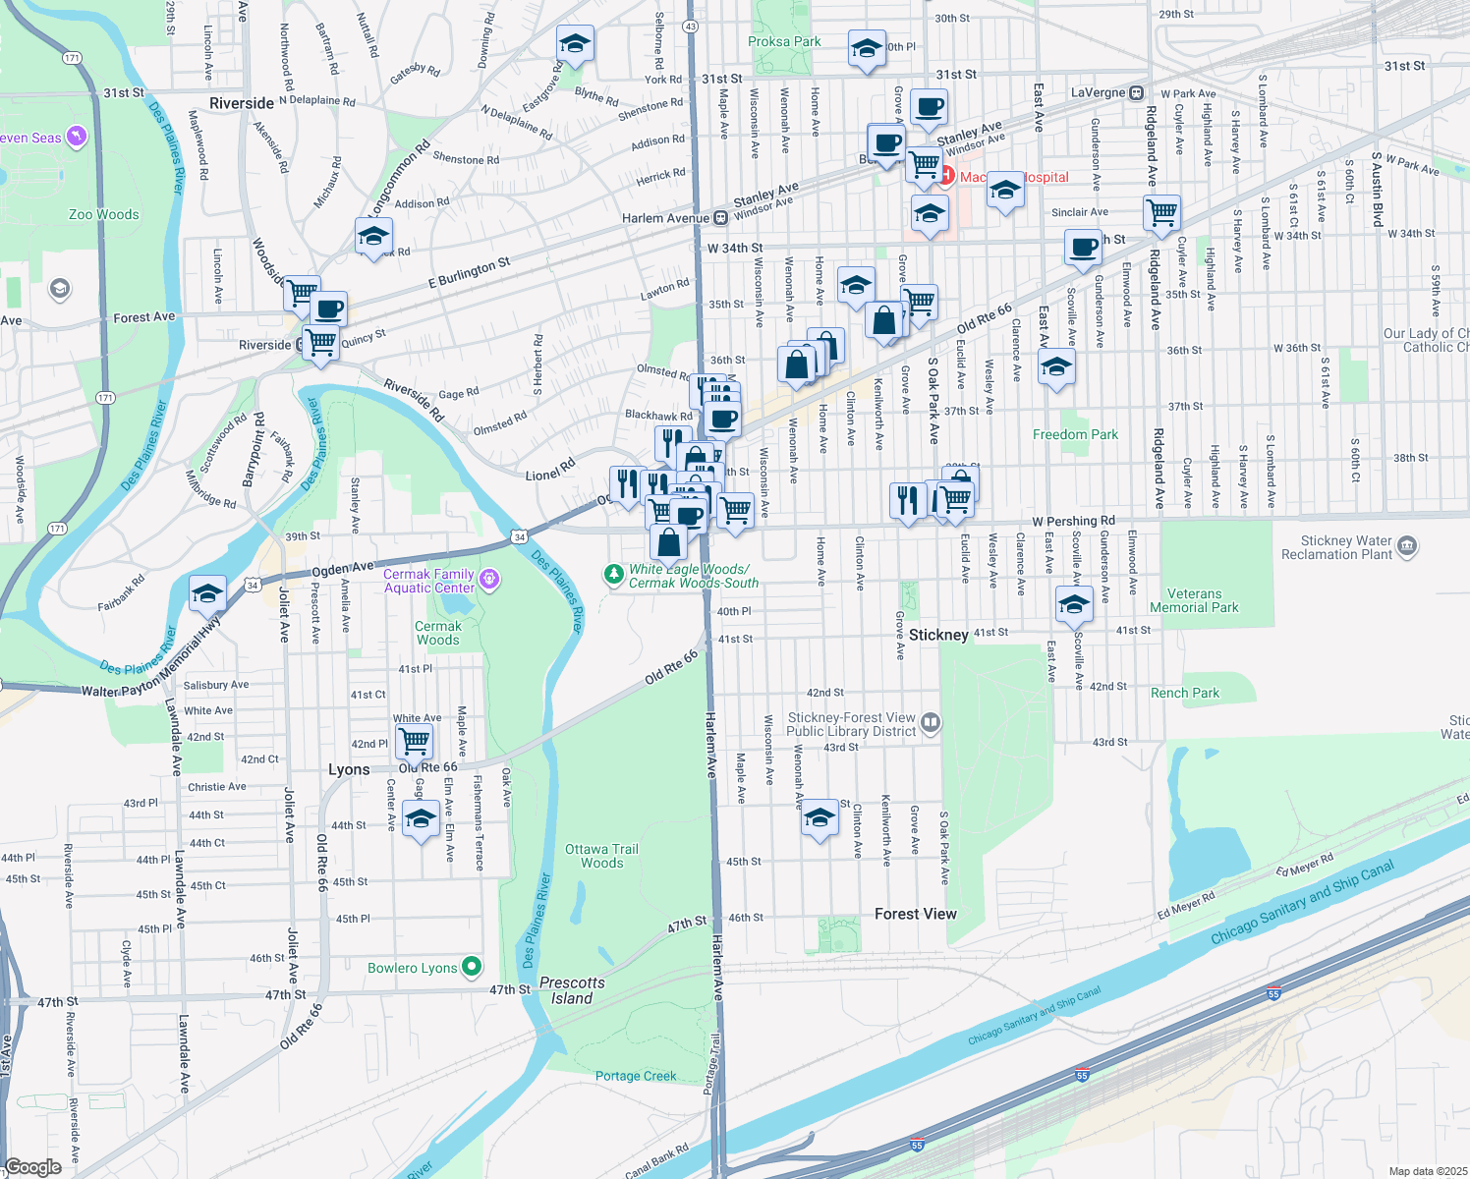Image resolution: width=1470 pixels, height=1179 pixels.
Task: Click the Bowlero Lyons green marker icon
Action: (472, 968)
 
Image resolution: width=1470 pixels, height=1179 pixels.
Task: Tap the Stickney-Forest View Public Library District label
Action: (851, 725)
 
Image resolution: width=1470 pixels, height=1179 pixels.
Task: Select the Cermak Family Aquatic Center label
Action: (429, 581)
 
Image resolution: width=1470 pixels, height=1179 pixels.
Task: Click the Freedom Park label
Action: (1075, 434)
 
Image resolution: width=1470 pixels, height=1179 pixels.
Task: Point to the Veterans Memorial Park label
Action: (1194, 600)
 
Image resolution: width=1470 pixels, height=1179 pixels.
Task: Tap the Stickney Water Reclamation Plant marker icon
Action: (1407, 546)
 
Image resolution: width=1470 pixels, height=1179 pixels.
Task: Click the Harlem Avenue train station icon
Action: (720, 218)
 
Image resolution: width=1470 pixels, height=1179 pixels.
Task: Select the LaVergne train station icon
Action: (1136, 92)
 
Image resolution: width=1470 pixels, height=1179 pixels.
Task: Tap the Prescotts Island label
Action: (572, 990)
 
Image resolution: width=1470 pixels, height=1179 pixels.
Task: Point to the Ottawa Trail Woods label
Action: (601, 856)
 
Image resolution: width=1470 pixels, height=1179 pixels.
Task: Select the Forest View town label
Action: (915, 914)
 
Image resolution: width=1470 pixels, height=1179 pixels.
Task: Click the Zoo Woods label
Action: (104, 214)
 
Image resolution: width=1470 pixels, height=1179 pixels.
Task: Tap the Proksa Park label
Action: (784, 41)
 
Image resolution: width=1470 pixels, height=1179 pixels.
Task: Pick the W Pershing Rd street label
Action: (1073, 521)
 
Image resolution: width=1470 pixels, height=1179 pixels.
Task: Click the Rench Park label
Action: (1184, 693)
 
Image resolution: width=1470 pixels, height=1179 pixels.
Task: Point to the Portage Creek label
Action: (636, 1076)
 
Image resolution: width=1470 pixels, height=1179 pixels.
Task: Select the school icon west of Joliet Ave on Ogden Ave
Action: (207, 593)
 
